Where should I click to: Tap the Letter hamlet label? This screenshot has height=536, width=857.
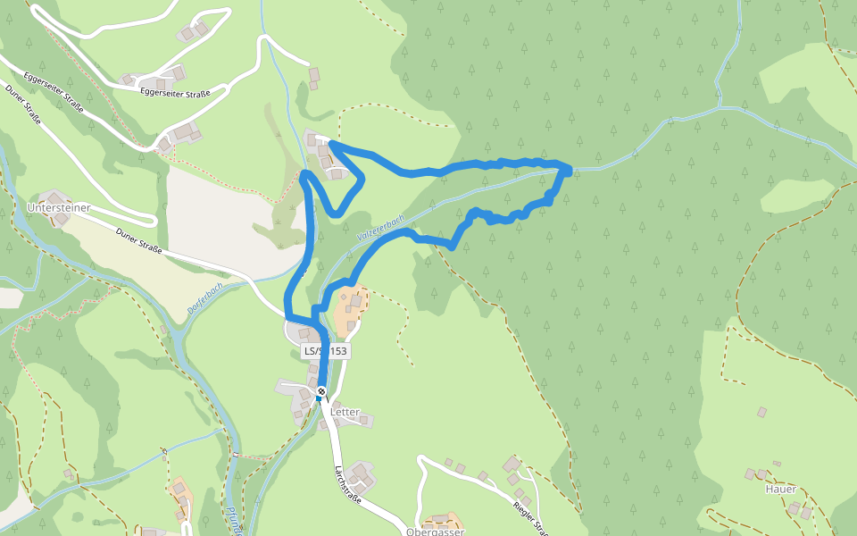345,413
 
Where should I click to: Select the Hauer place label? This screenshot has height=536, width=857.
780,490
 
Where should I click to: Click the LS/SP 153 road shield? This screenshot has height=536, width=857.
325,351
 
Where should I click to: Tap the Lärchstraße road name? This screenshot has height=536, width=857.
347,485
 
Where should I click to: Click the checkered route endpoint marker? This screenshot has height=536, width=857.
321,391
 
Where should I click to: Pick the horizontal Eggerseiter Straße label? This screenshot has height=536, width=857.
175,91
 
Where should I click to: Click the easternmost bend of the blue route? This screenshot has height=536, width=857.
568,169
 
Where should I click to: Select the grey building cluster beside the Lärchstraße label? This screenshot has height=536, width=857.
361,475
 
